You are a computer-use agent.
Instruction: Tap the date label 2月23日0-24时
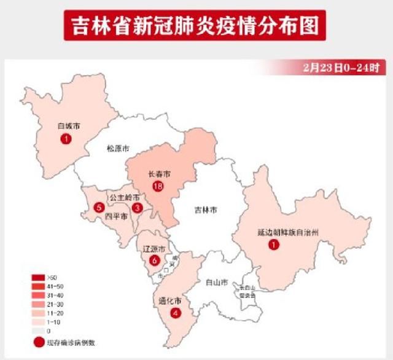[x=344, y=66]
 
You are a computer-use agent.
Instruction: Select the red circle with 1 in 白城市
[x=66, y=140]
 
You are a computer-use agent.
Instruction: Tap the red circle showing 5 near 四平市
[x=99, y=207]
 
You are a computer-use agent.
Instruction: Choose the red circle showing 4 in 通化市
[x=177, y=313]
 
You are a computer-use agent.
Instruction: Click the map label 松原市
[x=118, y=149]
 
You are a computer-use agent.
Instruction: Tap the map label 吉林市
[x=202, y=209]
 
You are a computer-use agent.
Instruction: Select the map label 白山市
[x=216, y=283]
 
